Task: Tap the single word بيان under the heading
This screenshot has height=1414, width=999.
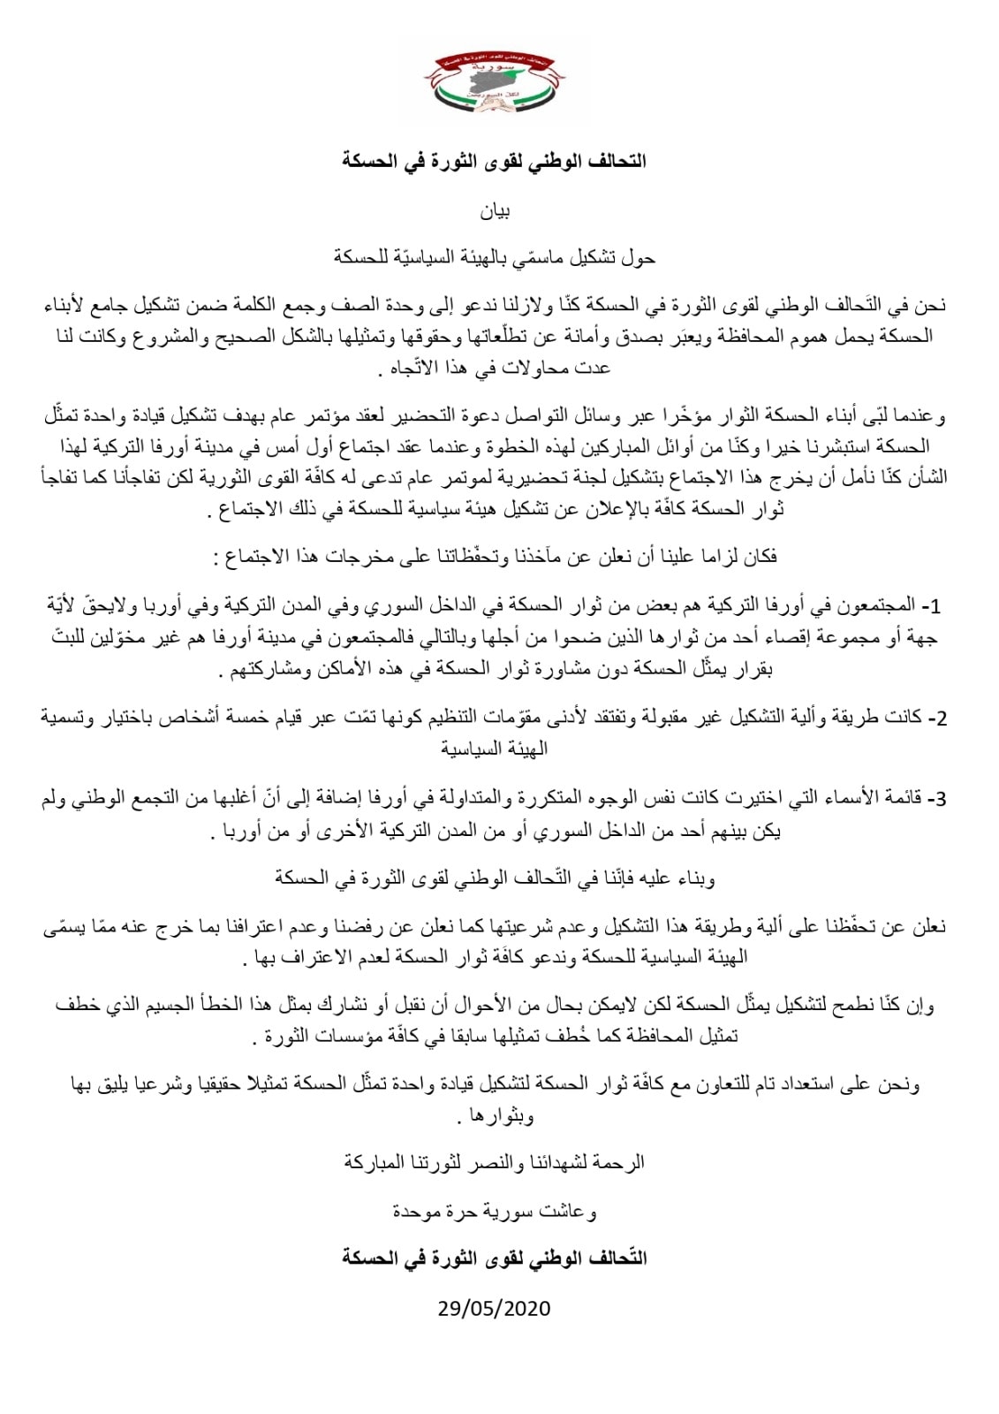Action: (495, 211)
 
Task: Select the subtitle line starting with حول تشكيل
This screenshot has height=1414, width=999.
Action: (495, 259)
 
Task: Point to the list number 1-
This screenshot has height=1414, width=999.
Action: (934, 607)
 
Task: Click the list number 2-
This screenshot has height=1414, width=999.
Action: (936, 717)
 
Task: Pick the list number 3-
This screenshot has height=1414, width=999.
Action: (936, 800)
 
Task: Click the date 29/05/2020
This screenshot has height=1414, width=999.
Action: (495, 1308)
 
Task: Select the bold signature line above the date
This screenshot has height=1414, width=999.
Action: (495, 1258)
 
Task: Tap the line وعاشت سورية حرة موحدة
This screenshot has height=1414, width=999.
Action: (495, 1212)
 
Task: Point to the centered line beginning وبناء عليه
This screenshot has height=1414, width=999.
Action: (495, 878)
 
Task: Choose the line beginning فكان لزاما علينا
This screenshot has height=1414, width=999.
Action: (495, 557)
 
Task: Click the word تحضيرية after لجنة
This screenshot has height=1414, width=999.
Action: (489, 478)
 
